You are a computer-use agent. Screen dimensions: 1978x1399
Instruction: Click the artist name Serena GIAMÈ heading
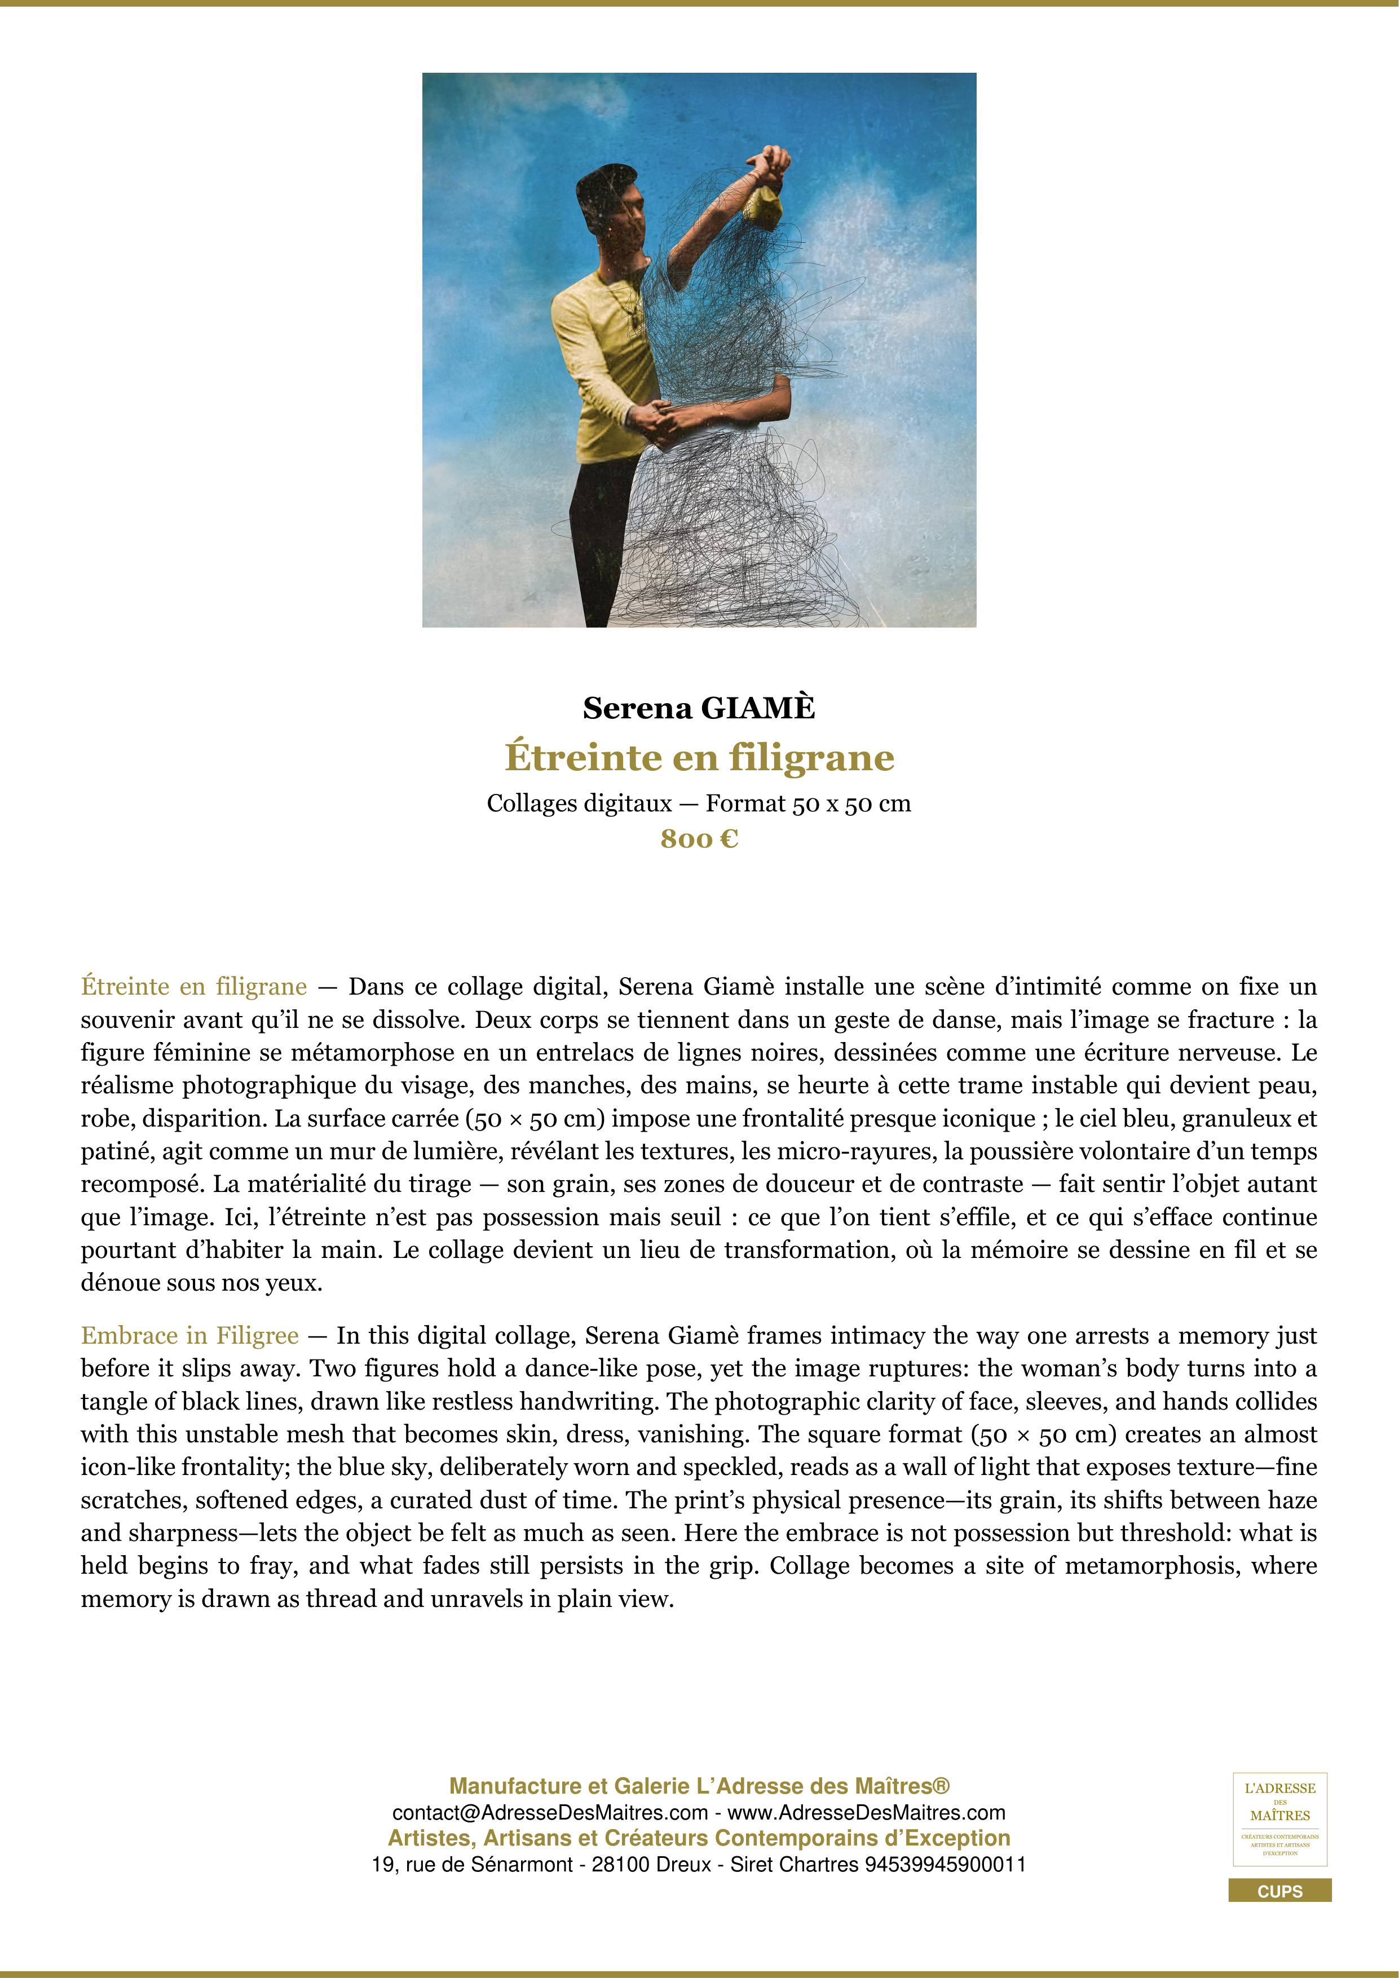[699, 708]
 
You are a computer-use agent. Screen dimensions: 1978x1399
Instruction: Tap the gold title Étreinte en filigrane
[699, 757]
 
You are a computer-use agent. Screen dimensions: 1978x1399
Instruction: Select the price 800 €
[699, 838]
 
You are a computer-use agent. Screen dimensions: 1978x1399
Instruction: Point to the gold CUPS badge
[1279, 1891]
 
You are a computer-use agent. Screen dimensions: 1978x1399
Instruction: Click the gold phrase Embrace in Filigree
[189, 1335]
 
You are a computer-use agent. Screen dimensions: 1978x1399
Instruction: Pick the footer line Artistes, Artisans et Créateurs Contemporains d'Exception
[699, 1838]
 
